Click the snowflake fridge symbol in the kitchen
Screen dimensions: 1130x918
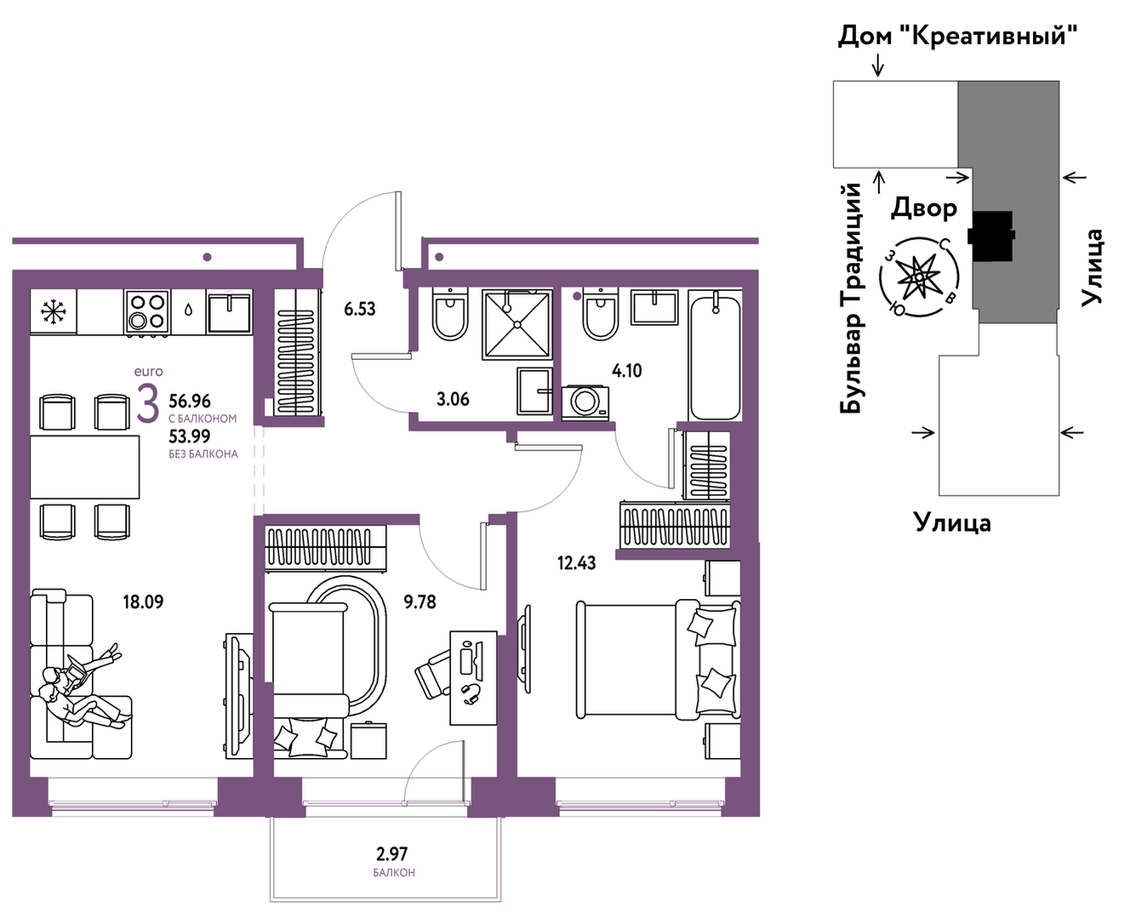53,311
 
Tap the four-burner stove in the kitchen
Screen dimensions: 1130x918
147,312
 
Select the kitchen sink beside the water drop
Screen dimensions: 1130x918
229,312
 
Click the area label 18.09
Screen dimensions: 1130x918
143,602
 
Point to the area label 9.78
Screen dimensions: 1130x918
419,602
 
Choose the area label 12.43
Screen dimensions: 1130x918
577,562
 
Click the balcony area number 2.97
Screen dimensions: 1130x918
392,854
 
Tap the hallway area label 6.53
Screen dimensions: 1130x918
360,309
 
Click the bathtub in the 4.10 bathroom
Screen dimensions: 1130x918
715,357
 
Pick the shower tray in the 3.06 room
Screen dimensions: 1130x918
517,324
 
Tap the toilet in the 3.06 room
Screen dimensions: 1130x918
450,313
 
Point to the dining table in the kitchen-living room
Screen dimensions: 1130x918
85,467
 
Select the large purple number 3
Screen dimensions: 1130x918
147,403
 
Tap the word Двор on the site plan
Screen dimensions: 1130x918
923,208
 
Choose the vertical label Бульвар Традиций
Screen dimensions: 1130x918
850,298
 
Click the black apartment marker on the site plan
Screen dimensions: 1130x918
991,236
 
